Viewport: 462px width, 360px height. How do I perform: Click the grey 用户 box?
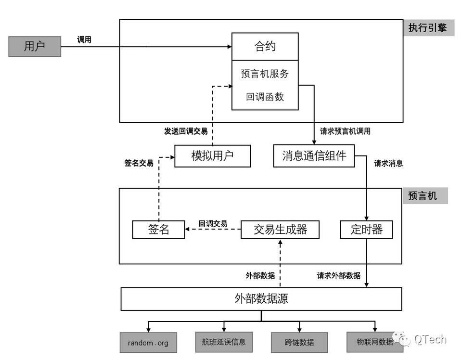pos(35,47)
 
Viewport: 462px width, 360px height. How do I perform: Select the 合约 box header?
pos(265,47)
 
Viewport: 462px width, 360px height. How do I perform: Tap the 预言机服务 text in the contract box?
pos(265,74)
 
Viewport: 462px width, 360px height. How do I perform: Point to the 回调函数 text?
pos(265,97)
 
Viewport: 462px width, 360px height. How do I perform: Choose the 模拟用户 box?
pos(212,156)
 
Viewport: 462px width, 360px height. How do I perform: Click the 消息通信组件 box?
pos(314,156)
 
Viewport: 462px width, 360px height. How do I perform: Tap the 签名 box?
pos(158,230)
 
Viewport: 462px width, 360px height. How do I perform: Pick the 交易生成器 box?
pos(280,230)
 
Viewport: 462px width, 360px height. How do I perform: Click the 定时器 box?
pos(366,230)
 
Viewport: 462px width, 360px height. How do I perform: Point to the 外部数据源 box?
pos(261,299)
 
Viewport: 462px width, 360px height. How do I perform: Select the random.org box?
pos(148,343)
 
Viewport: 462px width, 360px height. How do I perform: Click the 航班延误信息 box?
pos(224,342)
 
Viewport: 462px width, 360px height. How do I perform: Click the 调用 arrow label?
pos(84,40)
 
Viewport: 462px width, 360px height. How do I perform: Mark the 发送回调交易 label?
pos(186,131)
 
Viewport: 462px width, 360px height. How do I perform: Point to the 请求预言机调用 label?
pos(345,131)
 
